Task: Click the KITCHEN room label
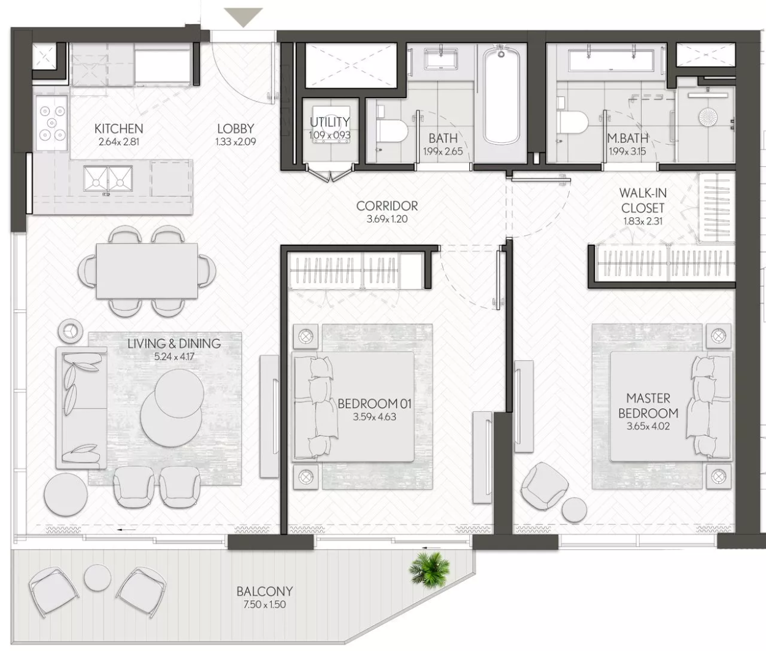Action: pyautogui.click(x=118, y=129)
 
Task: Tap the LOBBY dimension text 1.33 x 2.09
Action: pyautogui.click(x=236, y=142)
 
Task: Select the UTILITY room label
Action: pyautogui.click(x=329, y=122)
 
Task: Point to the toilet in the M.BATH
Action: pyautogui.click(x=572, y=123)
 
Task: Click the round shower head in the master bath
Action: pyautogui.click(x=708, y=117)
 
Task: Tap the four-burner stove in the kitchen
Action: pyautogui.click(x=52, y=123)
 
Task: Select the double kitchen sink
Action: pyautogui.click(x=108, y=180)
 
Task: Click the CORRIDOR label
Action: pyautogui.click(x=387, y=206)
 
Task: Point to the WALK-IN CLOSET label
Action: pyautogui.click(x=643, y=200)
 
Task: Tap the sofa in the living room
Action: pyautogui.click(x=82, y=408)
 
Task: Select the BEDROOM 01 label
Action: pyautogui.click(x=375, y=404)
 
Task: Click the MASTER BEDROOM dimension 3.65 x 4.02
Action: pyautogui.click(x=648, y=426)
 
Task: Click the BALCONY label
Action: pyautogui.click(x=264, y=591)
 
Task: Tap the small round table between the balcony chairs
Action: pyautogui.click(x=98, y=578)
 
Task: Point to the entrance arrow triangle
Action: pyautogui.click(x=243, y=17)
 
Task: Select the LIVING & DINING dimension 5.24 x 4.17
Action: pyautogui.click(x=174, y=356)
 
